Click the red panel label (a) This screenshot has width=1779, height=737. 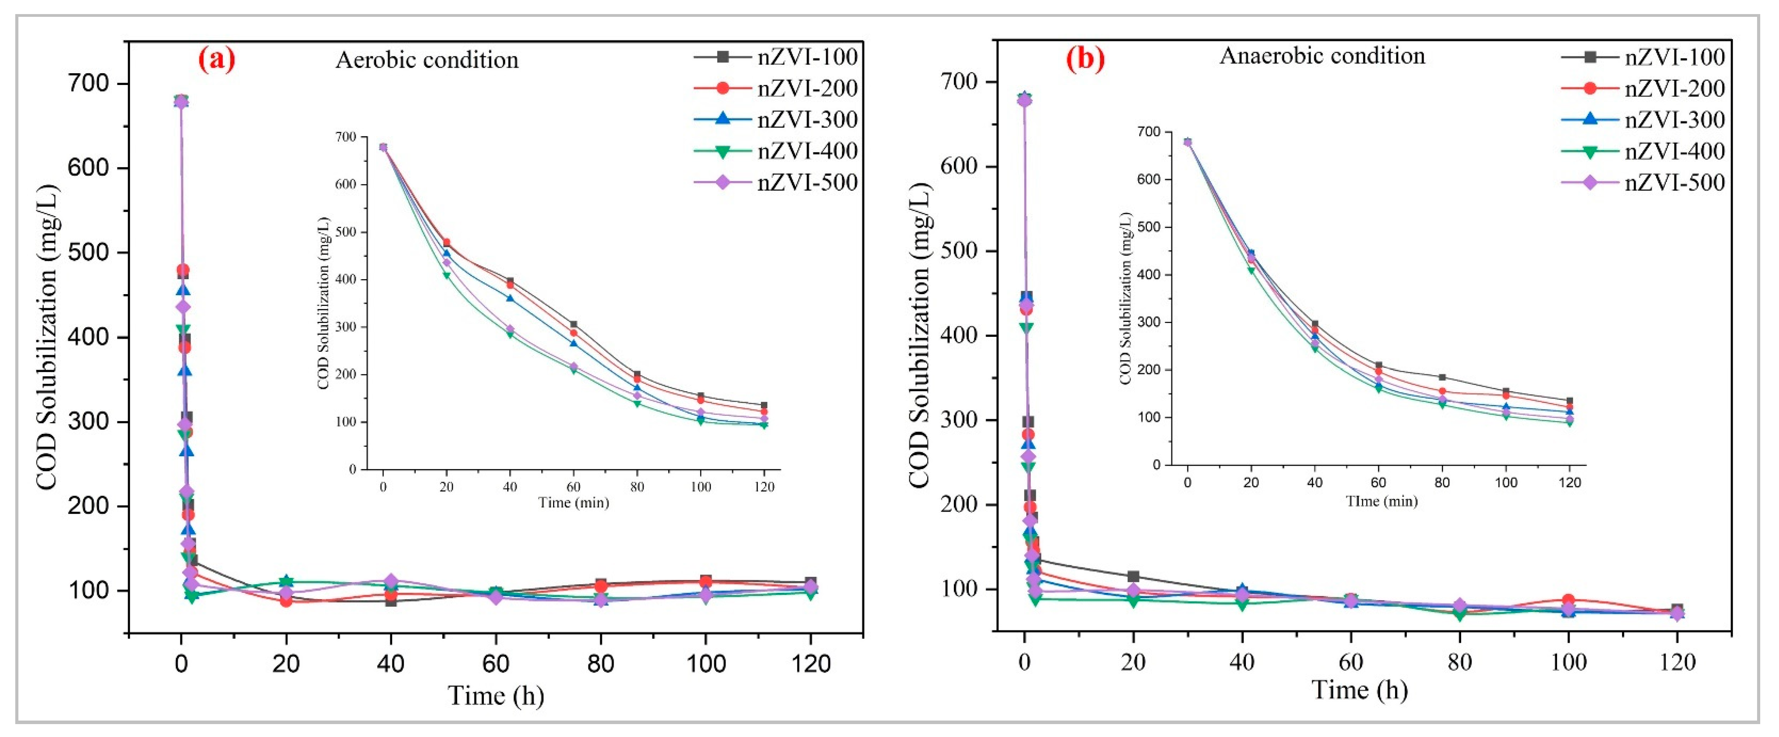pyautogui.click(x=217, y=60)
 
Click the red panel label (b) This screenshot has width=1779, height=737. pyautogui.click(x=1085, y=60)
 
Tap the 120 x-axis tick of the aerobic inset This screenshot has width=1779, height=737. pyautogui.click(x=764, y=487)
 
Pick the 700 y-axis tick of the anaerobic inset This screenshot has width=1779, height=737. pyautogui.click(x=1148, y=132)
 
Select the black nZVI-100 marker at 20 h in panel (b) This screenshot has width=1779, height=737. pyautogui.click(x=1133, y=576)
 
